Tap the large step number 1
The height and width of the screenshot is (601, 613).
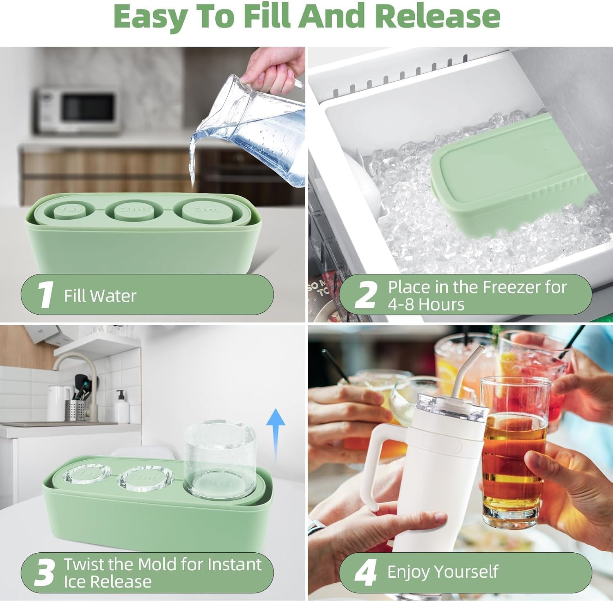45,294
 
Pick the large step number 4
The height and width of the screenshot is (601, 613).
365,573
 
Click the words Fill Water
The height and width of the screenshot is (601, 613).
100,296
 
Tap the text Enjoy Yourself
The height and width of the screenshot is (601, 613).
443,572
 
